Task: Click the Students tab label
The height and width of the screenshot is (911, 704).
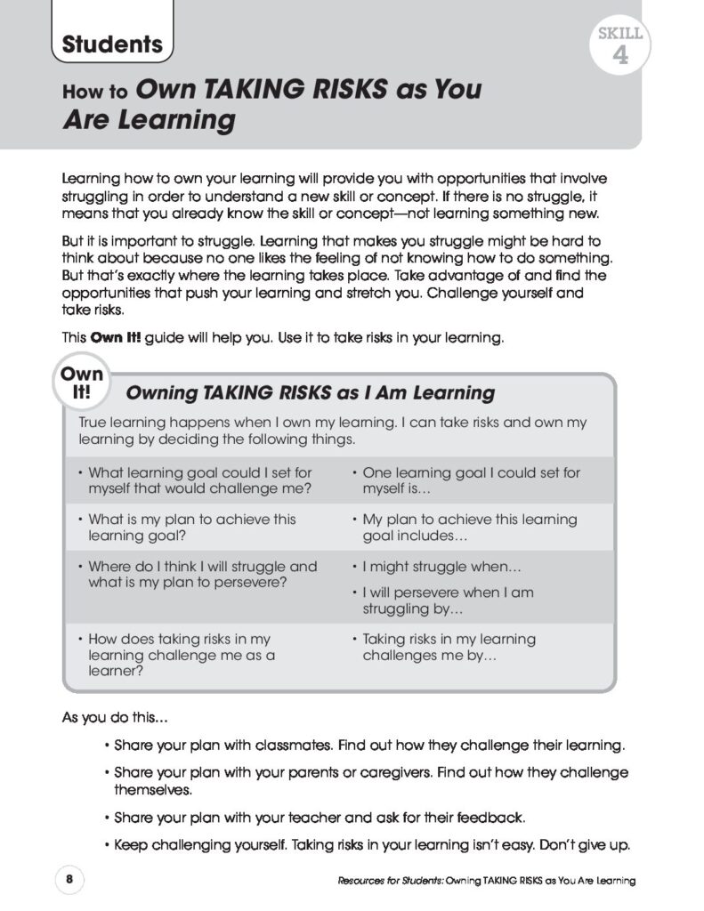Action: [112, 44]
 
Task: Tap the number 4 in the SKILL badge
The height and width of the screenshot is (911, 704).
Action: [620, 59]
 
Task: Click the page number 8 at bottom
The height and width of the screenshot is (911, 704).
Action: [69, 879]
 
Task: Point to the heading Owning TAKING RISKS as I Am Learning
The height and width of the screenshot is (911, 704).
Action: [311, 392]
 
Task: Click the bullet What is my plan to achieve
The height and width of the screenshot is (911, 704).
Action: [191, 528]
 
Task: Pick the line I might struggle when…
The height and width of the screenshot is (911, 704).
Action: [441, 566]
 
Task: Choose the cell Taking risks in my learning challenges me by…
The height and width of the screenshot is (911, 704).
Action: [448, 648]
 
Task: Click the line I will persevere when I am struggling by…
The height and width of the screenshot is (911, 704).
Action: [448, 601]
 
